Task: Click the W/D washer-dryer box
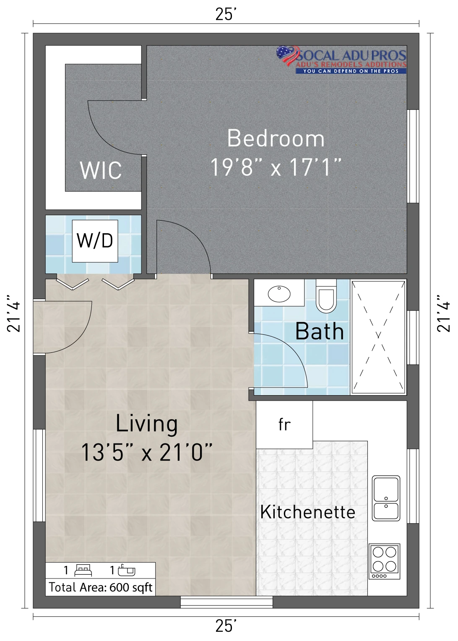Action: click(95, 241)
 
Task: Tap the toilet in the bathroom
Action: click(326, 296)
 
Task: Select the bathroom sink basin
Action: click(279, 294)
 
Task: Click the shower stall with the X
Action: click(378, 337)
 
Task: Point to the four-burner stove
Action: click(384, 561)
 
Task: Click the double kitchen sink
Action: click(385, 498)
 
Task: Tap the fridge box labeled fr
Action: click(284, 425)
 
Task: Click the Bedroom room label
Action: click(276, 138)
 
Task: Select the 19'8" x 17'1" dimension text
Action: click(276, 167)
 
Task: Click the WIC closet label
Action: click(101, 170)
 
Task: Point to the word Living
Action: click(146, 424)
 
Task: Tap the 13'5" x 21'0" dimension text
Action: click(146, 452)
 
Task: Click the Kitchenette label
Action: click(307, 512)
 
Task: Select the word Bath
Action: click(319, 331)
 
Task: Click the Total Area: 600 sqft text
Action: click(100, 587)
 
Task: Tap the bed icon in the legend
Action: click(83, 571)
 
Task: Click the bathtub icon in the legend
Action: click(126, 571)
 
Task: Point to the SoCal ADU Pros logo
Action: click(341, 60)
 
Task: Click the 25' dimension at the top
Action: click(226, 14)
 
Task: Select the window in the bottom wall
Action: click(226, 602)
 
